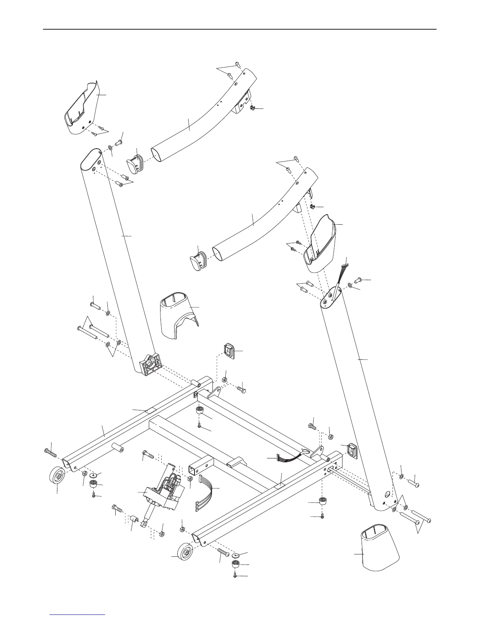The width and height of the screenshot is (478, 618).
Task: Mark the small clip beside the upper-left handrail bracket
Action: (x=253, y=108)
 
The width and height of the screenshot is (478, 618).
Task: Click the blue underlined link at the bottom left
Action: (x=78, y=615)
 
